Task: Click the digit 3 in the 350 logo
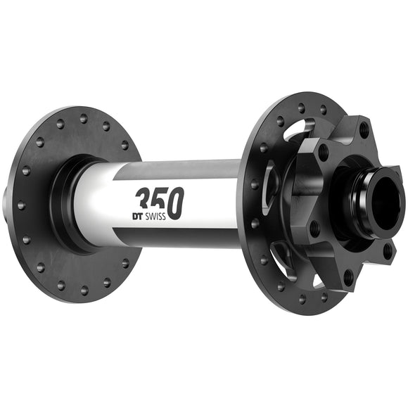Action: pyautogui.click(x=144, y=199)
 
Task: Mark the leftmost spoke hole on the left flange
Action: pyautogui.click(x=20, y=205)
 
